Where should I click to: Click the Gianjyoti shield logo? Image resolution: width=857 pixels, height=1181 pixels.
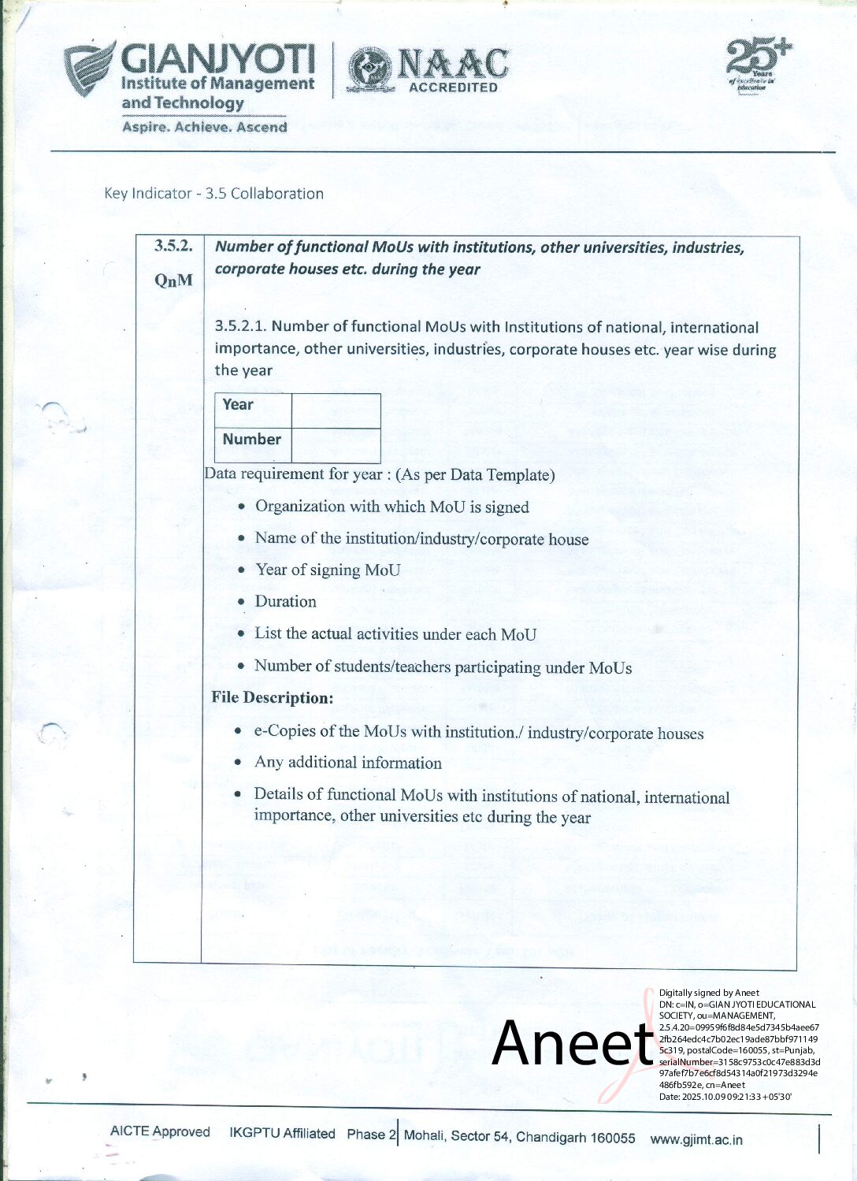click(89, 69)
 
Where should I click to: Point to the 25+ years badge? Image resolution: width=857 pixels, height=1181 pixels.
click(757, 65)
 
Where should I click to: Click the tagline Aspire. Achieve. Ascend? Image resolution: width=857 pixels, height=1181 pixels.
click(204, 127)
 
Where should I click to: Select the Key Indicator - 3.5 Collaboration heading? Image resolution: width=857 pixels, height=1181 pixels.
click(213, 194)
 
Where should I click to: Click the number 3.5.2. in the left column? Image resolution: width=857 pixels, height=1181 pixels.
click(173, 246)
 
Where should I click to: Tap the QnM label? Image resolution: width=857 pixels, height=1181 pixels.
click(173, 280)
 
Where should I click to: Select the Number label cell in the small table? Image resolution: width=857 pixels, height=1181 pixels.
click(251, 440)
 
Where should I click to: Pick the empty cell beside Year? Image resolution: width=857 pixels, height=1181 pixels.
click(336, 410)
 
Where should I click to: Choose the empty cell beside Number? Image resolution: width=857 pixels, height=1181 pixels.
click(336, 445)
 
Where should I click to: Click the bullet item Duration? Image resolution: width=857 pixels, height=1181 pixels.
click(285, 602)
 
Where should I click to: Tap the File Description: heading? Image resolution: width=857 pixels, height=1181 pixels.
click(272, 698)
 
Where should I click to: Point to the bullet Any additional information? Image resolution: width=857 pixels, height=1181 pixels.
click(347, 763)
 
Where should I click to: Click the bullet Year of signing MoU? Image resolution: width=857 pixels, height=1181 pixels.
click(327, 570)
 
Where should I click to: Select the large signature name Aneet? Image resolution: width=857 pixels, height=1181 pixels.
click(573, 1043)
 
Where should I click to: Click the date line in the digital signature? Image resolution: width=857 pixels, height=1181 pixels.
click(725, 1096)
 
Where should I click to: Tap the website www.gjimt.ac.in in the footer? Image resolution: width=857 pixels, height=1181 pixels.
click(696, 1139)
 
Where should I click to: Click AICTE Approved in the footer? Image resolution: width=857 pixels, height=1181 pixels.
click(160, 1131)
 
